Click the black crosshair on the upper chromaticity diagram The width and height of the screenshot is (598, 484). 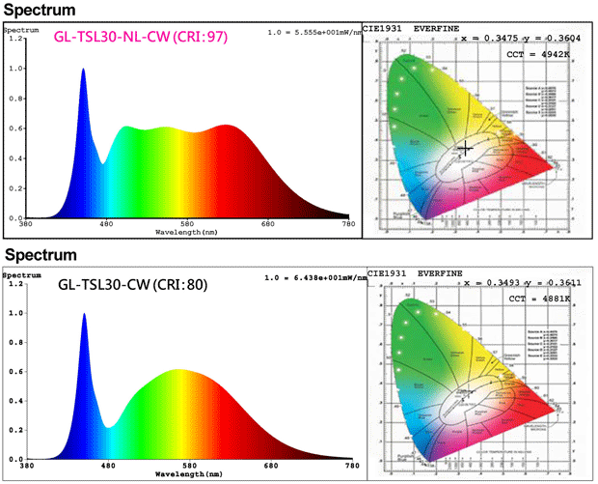[466, 148]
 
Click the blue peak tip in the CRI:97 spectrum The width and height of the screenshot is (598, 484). [83, 70]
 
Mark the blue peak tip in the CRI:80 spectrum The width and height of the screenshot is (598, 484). [84, 314]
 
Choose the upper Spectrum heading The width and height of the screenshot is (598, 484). [38, 10]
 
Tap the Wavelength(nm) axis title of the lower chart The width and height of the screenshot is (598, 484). [192, 475]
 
